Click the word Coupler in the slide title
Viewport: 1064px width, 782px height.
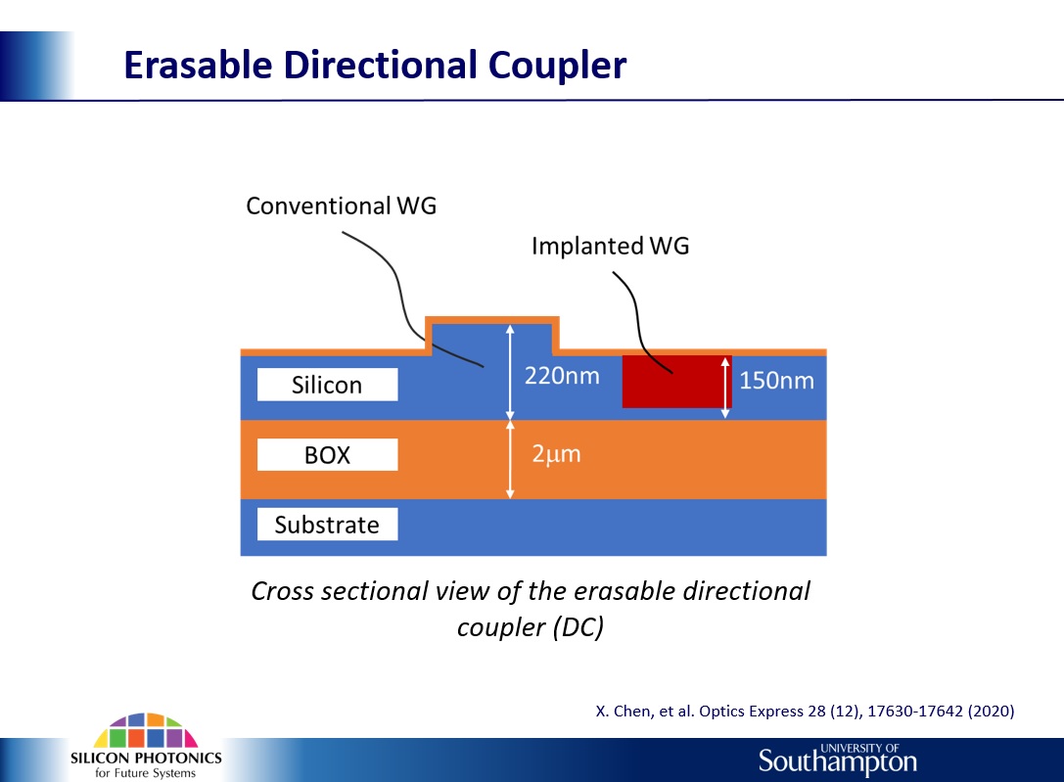[x=557, y=67]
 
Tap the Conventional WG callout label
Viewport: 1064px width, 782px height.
[x=341, y=206]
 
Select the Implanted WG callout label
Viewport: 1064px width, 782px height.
[x=610, y=246]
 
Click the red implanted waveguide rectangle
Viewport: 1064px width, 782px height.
[x=676, y=381]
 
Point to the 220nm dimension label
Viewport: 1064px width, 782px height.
[x=562, y=375]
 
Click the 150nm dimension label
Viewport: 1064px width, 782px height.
[x=776, y=380]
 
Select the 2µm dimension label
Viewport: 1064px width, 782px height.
[x=556, y=454]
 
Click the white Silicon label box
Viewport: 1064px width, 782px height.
[x=327, y=385]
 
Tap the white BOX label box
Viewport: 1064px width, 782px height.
[x=327, y=454]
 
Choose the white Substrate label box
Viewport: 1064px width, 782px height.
[x=327, y=525]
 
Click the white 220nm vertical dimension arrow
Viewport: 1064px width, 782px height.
[x=510, y=372]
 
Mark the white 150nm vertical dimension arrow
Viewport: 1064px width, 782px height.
[x=725, y=388]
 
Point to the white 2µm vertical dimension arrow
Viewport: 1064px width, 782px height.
[x=510, y=460]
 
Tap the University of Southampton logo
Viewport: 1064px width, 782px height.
[x=837, y=759]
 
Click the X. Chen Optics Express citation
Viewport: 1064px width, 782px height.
[x=805, y=711]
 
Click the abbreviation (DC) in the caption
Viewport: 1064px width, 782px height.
[x=578, y=626]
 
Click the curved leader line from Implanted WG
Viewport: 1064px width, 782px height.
[x=637, y=319]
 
